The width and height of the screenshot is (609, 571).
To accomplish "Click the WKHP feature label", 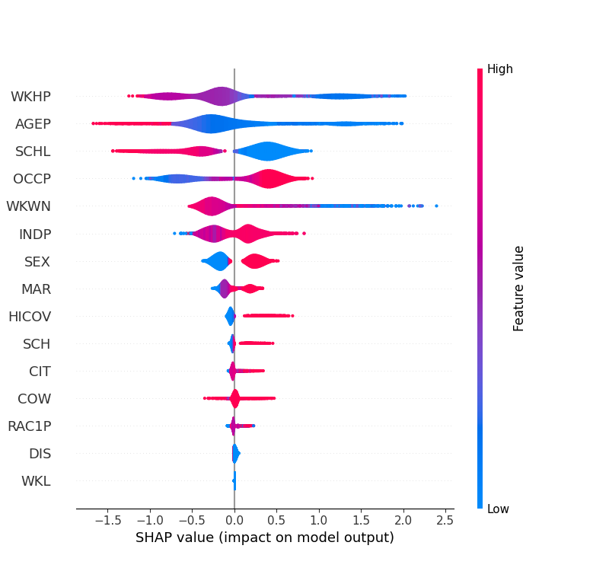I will click(30, 97).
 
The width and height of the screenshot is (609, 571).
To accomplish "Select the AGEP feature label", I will click(33, 124).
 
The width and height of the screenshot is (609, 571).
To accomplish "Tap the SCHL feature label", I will click(33, 152).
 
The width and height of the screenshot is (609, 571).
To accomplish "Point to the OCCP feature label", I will click(32, 179).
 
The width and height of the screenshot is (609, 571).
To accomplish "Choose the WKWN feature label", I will click(28, 206).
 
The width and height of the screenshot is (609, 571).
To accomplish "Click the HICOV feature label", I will click(30, 316).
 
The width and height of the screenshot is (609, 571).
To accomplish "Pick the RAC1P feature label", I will click(30, 426).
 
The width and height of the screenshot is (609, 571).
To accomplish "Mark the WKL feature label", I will click(36, 480).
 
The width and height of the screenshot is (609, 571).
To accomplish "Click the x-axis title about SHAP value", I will click(264, 538).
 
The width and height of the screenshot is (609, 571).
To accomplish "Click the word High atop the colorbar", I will click(500, 69).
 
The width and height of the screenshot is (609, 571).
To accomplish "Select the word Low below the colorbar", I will click(499, 509).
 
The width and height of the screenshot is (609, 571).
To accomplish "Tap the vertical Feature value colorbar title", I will click(519, 288).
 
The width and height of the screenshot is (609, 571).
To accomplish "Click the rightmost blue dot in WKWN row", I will click(436, 206).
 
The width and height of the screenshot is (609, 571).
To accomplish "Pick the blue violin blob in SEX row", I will click(219, 261).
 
